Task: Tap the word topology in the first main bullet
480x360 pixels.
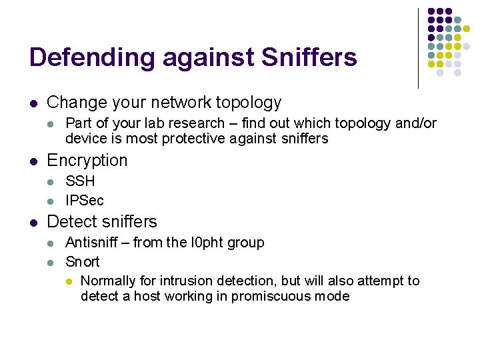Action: pos(249,103)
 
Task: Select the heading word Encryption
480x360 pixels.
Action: pos(87,161)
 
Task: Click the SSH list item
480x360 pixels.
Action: pos(80,181)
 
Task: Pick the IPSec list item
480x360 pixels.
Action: pos(85,201)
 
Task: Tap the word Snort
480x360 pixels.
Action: pos(82,262)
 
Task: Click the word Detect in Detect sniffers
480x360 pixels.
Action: pos(69,222)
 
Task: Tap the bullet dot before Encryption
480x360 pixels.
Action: pos(33,161)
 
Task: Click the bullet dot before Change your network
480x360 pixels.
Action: pos(33,103)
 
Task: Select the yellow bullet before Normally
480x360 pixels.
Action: pos(69,281)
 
